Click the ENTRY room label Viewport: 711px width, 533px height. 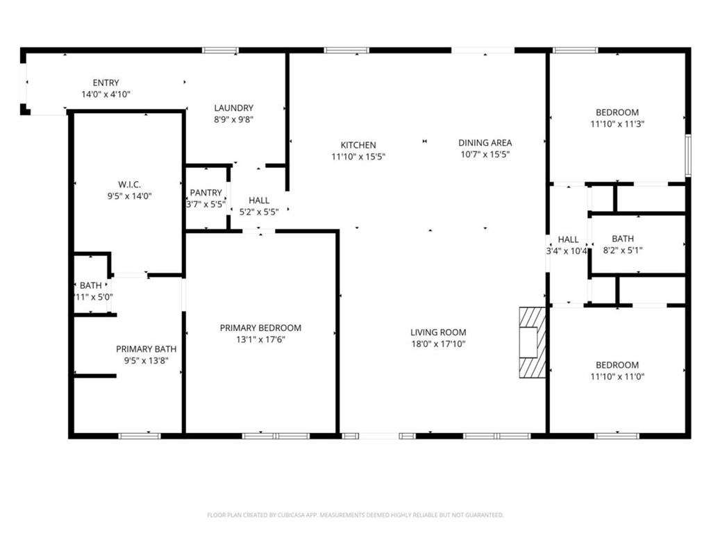106,83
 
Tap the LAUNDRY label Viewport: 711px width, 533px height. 233,108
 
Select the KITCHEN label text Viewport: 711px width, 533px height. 358,145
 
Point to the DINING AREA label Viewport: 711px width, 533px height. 485,143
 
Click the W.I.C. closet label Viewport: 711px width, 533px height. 129,185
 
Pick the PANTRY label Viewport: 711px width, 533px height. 206,193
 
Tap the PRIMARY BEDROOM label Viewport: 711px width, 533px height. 260,328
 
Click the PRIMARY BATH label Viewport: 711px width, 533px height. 146,349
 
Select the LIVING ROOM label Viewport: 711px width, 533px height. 438,332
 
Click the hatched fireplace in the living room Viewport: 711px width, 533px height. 533,342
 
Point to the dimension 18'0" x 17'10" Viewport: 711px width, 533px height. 438,344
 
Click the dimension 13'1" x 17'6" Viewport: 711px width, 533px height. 260,339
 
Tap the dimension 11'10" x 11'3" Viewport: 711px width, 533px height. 617,124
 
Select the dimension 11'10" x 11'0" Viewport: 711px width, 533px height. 617,377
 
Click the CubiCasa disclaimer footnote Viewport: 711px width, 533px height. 355,515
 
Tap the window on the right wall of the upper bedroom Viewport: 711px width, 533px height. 687,155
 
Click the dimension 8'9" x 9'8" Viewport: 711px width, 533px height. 233,119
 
